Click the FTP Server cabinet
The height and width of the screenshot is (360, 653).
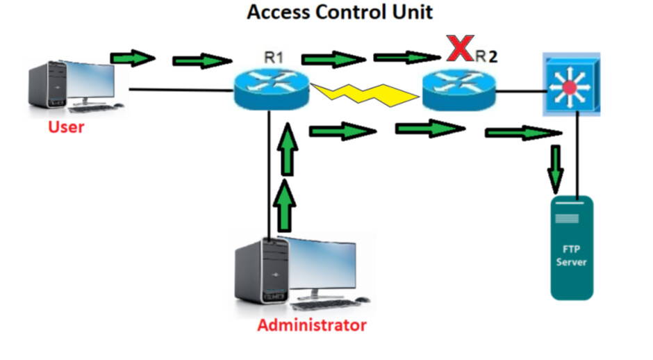pyautogui.click(x=572, y=247)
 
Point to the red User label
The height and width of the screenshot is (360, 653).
pyautogui.click(x=66, y=127)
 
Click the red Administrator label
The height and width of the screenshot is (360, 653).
pyautogui.click(x=311, y=325)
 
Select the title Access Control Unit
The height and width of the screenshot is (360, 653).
pyautogui.click(x=340, y=12)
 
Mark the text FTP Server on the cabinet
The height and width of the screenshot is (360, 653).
pyautogui.click(x=571, y=256)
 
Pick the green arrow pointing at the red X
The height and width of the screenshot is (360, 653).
pyautogui.click(x=403, y=56)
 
